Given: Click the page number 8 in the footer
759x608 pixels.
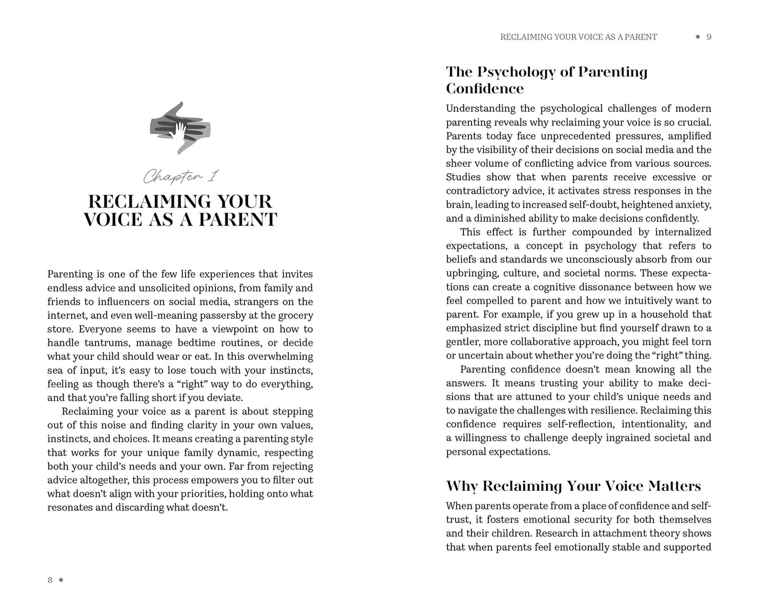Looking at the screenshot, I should [50, 580].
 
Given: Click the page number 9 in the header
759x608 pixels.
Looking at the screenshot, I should [709, 37].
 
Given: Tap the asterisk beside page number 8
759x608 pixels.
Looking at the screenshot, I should [61, 580].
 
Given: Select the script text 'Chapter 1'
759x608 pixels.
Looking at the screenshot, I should [181, 176].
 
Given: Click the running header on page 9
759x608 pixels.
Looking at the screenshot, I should [578, 37].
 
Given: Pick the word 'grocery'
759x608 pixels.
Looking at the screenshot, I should [296, 315].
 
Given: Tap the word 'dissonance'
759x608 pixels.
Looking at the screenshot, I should [625, 287].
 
